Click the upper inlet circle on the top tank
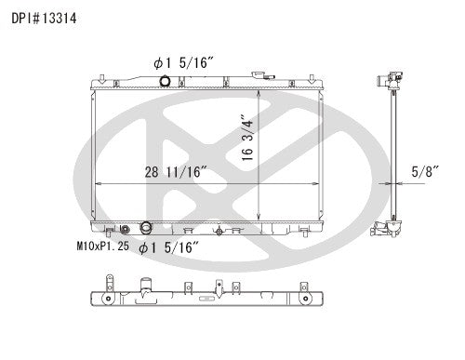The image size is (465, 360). pyautogui.click(x=165, y=83)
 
